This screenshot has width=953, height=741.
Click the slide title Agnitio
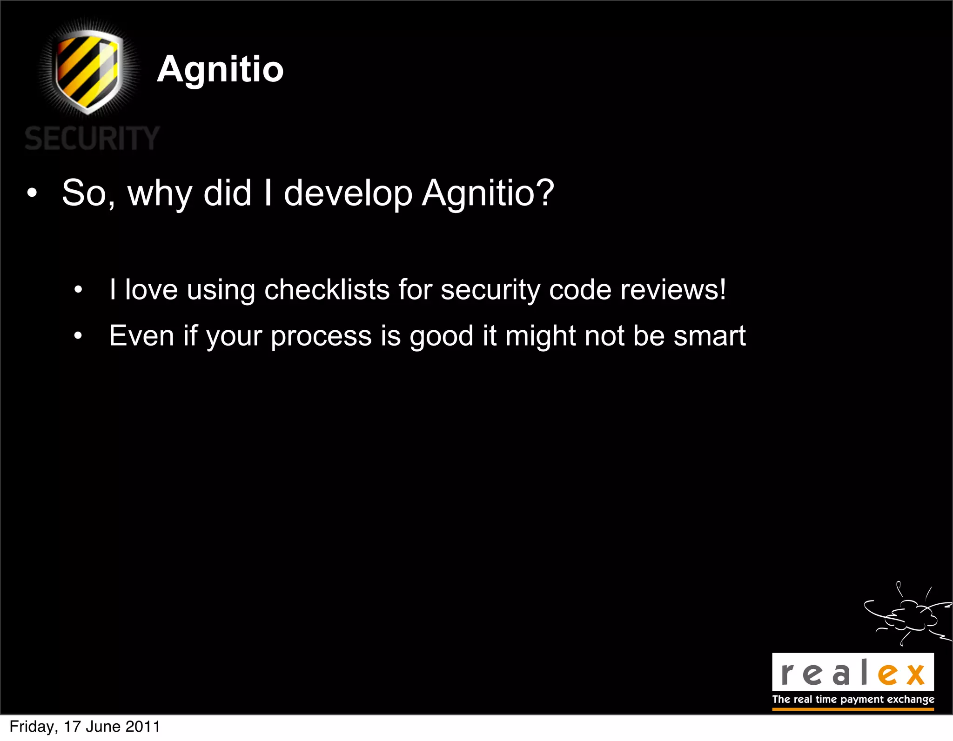click(220, 69)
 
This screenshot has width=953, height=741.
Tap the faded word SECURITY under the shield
click(92, 138)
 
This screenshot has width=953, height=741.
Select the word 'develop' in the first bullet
click(348, 193)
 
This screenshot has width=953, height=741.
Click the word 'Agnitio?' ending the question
click(488, 193)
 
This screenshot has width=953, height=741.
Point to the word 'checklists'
click(327, 290)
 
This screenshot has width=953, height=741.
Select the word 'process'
click(321, 336)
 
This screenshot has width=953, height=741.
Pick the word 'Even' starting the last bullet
click(141, 335)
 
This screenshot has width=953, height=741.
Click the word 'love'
click(151, 290)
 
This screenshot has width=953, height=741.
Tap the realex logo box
click(852, 672)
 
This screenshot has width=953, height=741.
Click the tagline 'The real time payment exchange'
click(853, 700)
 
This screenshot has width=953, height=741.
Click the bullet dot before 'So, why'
click(31, 194)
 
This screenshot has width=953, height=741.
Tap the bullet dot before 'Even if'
click(78, 336)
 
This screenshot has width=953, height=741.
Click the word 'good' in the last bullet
click(441, 336)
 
